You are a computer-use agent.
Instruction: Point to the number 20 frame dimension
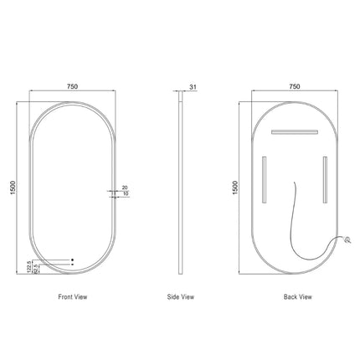point(125,188)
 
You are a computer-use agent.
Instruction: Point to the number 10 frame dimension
point(125,194)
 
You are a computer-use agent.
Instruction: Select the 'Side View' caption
point(182,296)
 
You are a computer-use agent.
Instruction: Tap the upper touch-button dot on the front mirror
point(72,258)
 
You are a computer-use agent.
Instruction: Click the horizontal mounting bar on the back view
point(294,131)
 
